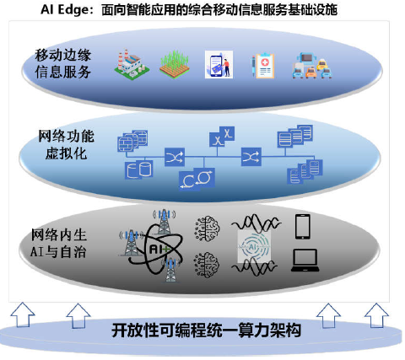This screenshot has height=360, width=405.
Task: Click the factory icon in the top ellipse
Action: pyautogui.click(x=132, y=65)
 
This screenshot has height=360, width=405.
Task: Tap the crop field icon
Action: pyautogui.click(x=174, y=64)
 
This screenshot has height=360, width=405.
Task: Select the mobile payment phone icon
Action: pyautogui.click(x=219, y=64)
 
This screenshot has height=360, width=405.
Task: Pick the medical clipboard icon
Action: pyautogui.click(x=262, y=65)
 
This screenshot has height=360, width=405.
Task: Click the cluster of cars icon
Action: pyautogui.click(x=312, y=66)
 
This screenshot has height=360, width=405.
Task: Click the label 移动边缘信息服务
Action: pyautogui.click(x=63, y=63)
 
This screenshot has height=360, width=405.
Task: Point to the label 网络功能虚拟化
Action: pyautogui.click(x=66, y=145)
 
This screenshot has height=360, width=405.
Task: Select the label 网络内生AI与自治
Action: pyautogui.click(x=58, y=244)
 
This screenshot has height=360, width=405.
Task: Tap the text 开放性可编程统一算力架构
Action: pyautogui.click(x=206, y=330)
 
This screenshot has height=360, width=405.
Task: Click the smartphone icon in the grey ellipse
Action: pyautogui.click(x=303, y=227)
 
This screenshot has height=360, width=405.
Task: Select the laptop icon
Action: pyautogui.click(x=305, y=261)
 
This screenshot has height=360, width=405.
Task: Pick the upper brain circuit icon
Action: pyautogui.click(x=207, y=228)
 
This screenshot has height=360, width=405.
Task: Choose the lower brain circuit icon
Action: pyautogui.click(x=207, y=265)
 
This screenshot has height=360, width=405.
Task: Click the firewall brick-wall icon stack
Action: pyautogui.click(x=132, y=141)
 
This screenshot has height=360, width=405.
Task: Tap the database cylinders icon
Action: pyautogui.click(x=139, y=169)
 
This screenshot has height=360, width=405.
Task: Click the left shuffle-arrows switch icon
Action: pyautogui.click(x=175, y=157)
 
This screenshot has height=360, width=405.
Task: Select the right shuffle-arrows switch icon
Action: pyautogui.click(x=251, y=157)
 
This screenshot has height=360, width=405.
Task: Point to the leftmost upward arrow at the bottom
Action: pyautogui.click(x=23, y=314)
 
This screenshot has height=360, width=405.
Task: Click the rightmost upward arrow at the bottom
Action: pyautogui.click(x=376, y=315)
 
